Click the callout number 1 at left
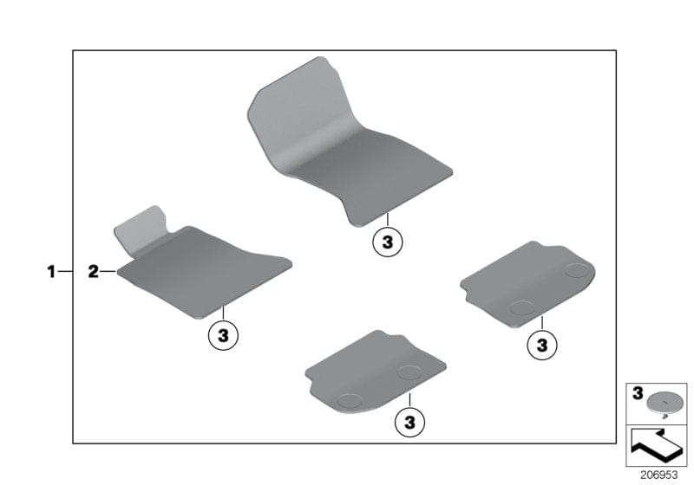point(51,272)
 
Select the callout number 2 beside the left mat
point(93,272)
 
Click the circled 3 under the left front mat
point(223,335)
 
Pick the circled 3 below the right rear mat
point(542,346)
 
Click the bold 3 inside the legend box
point(638,393)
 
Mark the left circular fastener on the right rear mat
point(521,306)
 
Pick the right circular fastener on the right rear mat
point(575,271)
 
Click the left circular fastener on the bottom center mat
point(350,400)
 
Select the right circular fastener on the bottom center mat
point(408,372)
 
